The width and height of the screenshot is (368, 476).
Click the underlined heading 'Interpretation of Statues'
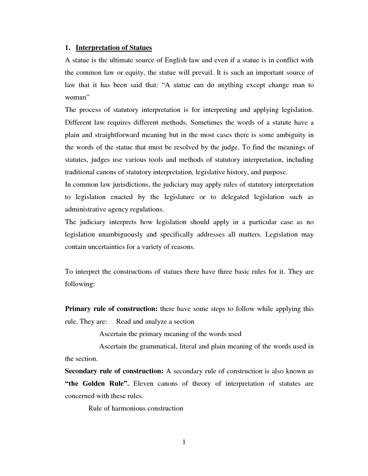tap(114, 48)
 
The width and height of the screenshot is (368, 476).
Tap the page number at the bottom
tap(184, 442)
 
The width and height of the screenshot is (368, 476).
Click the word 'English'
tap(176, 60)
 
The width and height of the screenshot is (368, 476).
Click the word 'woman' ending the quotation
tap(76, 98)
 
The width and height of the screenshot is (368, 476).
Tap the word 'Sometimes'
tap(206, 122)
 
